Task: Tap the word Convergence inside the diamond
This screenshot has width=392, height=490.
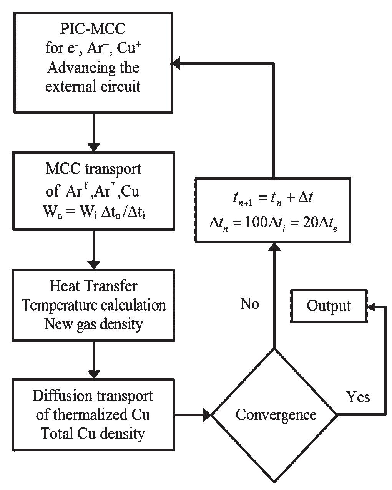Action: pyautogui.click(x=276, y=415)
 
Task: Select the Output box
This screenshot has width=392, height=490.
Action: pyautogui.click(x=329, y=306)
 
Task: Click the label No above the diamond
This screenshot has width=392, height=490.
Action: pyautogui.click(x=250, y=304)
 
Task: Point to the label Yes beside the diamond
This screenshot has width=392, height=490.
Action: pyautogui.click(x=358, y=396)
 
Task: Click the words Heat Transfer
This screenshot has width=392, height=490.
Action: pyautogui.click(x=93, y=286)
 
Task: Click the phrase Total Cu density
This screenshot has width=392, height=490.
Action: pyautogui.click(x=93, y=434)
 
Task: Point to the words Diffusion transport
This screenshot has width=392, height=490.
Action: pyautogui.click(x=93, y=396)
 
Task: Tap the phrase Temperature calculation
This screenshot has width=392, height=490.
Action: pyautogui.click(x=94, y=305)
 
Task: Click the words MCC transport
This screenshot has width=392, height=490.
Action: pyautogui.click(x=93, y=169)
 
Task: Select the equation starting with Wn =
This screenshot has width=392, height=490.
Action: pyautogui.click(x=93, y=211)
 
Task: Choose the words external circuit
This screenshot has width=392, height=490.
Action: pyautogui.click(x=93, y=86)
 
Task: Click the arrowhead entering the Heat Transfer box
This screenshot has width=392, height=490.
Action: pyautogui.click(x=94, y=265)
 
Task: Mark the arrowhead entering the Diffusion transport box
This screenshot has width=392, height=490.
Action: pyautogui.click(x=94, y=374)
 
